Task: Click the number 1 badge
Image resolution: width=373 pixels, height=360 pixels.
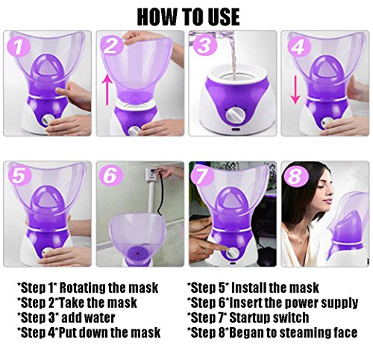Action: coord(19,46)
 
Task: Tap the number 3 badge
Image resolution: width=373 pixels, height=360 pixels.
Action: coord(204,46)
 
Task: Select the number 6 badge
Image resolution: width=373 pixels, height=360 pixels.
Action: coord(111,176)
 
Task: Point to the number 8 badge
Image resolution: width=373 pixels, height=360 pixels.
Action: coord(296,176)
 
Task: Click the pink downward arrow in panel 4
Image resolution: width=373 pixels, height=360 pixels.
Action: coord(295,90)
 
